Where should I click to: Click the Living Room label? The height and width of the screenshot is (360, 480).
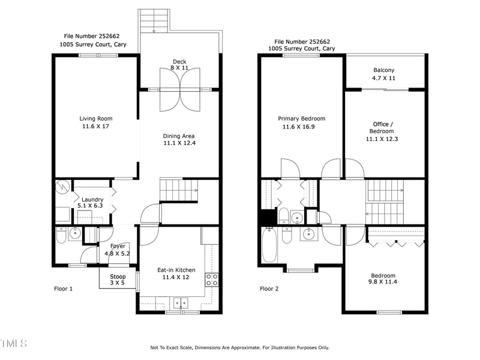coord(96,118)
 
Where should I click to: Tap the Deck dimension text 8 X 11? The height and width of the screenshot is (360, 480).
coord(180,68)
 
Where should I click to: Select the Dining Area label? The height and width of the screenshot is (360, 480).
coord(179,136)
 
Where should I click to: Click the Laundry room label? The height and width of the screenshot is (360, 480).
coord(92,200)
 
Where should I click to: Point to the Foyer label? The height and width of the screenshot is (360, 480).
coord(118,246)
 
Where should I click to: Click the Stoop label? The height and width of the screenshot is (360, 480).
coord(118,277)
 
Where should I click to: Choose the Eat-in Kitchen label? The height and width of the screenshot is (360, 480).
coord(176,270)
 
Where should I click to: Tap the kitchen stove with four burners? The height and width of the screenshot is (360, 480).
coord(212,279)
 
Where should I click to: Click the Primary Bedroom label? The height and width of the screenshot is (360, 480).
coord(301,118)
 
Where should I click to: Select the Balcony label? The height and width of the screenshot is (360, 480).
coord(384,70)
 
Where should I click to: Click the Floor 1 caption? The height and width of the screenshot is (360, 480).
coord(64,289)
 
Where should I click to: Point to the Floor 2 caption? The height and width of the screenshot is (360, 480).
coord(269,289)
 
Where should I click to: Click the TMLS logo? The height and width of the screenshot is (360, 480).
coord(14,344)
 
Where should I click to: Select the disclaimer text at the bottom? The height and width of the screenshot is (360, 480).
coord(239,347)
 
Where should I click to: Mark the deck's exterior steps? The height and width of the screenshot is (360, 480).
coord(154,20)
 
